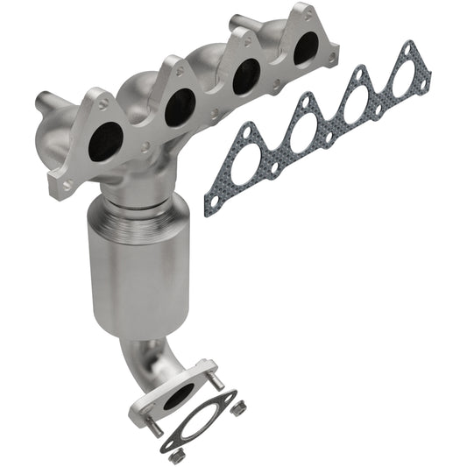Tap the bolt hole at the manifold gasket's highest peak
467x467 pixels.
tap(406, 49)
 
